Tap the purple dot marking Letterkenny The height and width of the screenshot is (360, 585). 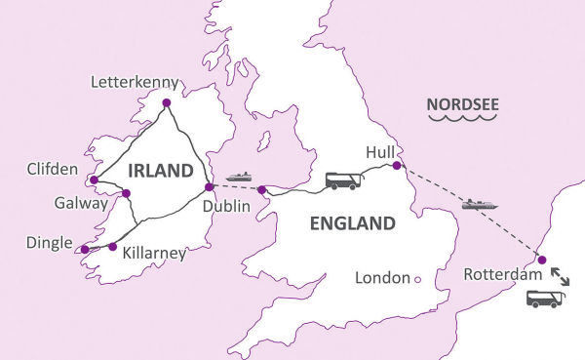click(x=167, y=102)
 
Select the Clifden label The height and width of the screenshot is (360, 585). click(x=54, y=170)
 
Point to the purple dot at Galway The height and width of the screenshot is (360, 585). click(x=126, y=193)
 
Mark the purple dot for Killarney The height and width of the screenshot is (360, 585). click(x=112, y=246)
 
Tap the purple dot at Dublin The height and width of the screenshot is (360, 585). click(x=209, y=187)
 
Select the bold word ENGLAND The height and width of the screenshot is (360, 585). click(x=352, y=223)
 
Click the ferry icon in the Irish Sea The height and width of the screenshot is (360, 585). click(x=239, y=177)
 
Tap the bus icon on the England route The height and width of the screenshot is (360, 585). click(x=341, y=180)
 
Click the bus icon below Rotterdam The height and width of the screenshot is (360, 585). click(x=546, y=300)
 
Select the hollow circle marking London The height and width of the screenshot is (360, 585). click(x=417, y=279)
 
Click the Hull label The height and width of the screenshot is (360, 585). click(x=379, y=152)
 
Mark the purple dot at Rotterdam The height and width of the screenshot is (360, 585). click(x=542, y=260)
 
